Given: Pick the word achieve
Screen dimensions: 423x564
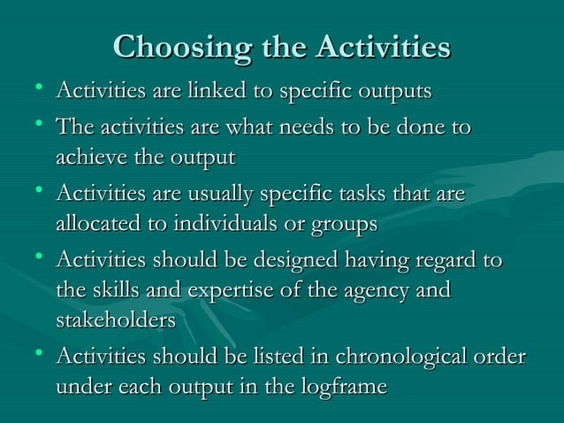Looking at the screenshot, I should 90,159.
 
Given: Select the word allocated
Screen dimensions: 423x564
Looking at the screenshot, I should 99,225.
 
